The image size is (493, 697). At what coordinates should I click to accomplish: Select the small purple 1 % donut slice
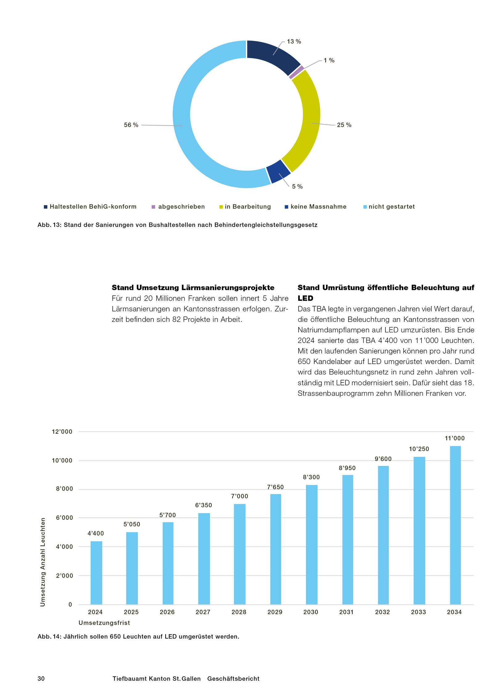click(x=296, y=72)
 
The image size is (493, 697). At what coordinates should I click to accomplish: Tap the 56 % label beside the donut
click(x=131, y=125)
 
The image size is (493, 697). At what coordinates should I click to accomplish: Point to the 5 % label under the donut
click(x=297, y=187)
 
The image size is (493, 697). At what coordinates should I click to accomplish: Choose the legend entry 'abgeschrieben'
click(x=181, y=207)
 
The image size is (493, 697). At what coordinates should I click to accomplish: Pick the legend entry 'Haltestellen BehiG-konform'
click(x=93, y=207)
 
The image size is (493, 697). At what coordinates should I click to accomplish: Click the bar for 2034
click(x=455, y=525)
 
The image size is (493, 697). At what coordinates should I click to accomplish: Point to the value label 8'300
click(x=311, y=477)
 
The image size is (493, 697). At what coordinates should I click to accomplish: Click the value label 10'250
click(x=419, y=449)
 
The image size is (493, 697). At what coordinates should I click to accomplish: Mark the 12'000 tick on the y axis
click(x=62, y=432)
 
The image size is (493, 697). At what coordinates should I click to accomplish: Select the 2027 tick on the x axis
click(x=203, y=612)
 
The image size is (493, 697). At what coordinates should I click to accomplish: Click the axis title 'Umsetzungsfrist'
click(x=104, y=623)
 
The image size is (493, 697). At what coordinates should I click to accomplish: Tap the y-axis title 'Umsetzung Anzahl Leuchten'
click(x=43, y=562)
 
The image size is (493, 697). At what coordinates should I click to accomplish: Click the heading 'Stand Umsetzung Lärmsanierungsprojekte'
click(x=193, y=288)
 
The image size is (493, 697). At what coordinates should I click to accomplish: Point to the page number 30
click(x=41, y=679)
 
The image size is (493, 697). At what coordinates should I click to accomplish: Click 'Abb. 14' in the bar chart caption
click(x=49, y=637)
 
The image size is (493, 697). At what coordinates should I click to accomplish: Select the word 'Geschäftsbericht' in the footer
click(x=233, y=679)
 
